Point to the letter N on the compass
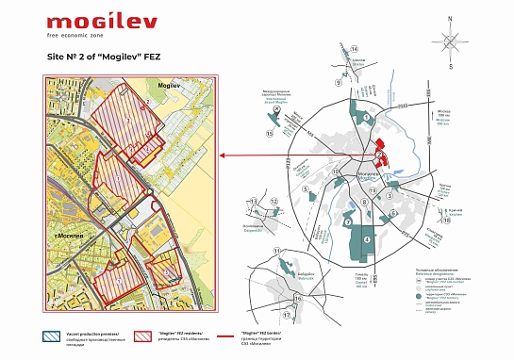451,17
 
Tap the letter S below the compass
451,67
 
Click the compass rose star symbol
451,41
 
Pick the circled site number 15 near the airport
270,135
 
